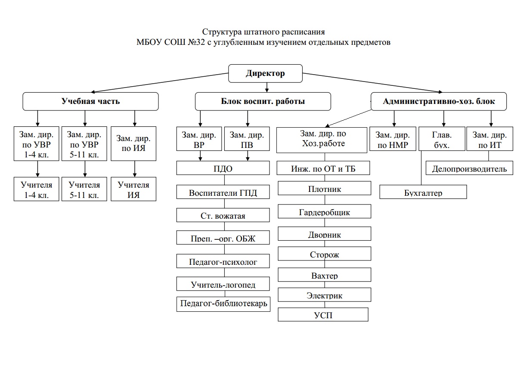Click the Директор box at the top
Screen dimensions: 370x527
pyautogui.click(x=265, y=73)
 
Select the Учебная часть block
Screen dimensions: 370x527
pyautogui.click(x=90, y=102)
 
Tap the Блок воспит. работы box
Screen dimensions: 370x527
pyautogui.click(x=263, y=102)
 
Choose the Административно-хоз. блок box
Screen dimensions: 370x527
pyautogui.click(x=439, y=102)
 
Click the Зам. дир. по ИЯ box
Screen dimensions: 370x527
pyautogui.click(x=134, y=144)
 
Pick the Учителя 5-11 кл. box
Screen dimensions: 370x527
pyautogui.click(x=84, y=190)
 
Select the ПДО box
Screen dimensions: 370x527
pyautogui.click(x=223, y=169)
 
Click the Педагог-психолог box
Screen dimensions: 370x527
pyautogui.click(x=223, y=261)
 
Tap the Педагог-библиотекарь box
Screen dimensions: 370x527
pyautogui.click(x=223, y=304)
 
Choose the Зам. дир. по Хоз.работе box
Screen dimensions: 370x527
pyautogui.click(x=323, y=139)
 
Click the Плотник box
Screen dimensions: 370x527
pyautogui.click(x=324, y=189)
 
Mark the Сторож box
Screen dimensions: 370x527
pyautogui.click(x=324, y=254)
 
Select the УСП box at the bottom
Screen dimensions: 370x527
pyautogui.click(x=323, y=315)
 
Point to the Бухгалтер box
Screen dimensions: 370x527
pyautogui.click(x=423, y=192)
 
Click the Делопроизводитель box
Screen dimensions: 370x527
pyautogui.click(x=469, y=169)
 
